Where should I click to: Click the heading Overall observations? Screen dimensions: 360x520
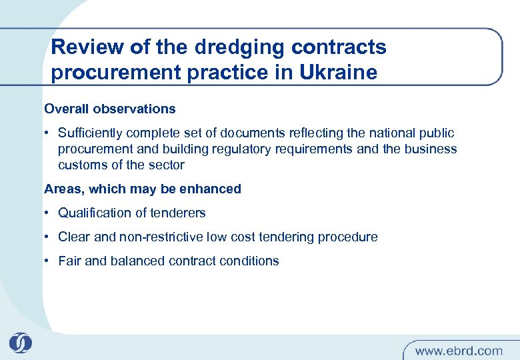[110, 109]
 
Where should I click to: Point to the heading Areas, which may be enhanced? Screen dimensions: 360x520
[143, 189]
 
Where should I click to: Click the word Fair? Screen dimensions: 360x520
[70, 261]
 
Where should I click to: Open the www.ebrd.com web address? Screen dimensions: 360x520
[459, 350]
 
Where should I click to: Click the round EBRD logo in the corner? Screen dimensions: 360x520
[20, 343]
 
